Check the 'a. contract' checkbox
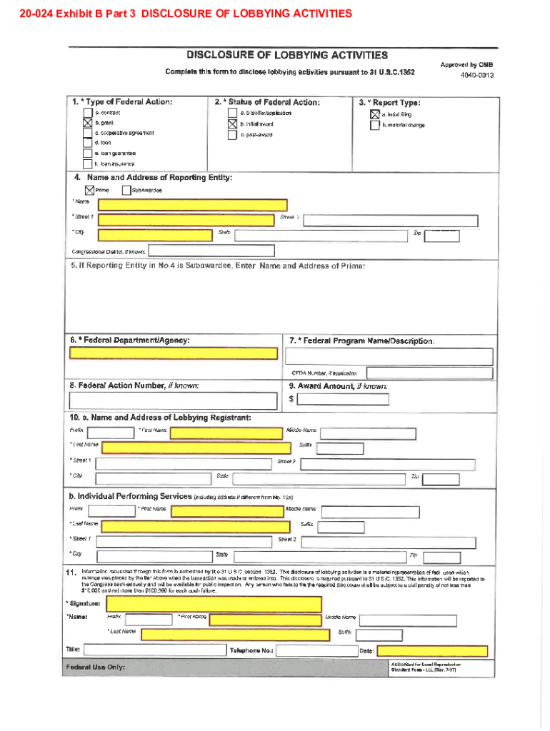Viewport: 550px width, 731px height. [x=87, y=113]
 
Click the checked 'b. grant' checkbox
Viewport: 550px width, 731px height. [x=87, y=123]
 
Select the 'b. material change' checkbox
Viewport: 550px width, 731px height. [x=374, y=125]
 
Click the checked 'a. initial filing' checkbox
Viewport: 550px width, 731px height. [x=374, y=114]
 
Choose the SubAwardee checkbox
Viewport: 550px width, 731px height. [x=126, y=191]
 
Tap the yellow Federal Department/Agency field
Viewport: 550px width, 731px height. [x=174, y=353]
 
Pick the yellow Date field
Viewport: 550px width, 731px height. [x=432, y=651]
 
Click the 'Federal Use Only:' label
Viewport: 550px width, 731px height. [x=95, y=667]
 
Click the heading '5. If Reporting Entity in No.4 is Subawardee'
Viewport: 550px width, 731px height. [x=218, y=266]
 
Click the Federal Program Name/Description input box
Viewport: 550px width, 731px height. [x=389, y=356]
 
